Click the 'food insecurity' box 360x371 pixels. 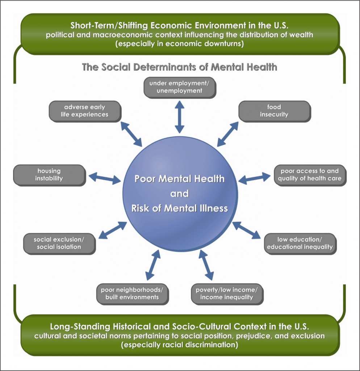click(x=274, y=111)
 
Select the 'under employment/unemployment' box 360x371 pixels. click(x=179, y=87)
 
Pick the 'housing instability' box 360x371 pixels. click(x=49, y=175)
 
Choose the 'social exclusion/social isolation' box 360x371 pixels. click(x=59, y=243)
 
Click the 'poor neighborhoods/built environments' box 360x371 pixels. click(x=132, y=293)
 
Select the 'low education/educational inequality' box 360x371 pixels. click(x=300, y=243)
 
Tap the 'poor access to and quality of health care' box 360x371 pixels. click(x=310, y=175)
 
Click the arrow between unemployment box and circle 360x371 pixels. click(x=179, y=117)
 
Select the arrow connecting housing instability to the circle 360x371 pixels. click(x=105, y=178)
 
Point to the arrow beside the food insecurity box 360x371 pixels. click(x=227, y=134)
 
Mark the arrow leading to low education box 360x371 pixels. click(x=246, y=230)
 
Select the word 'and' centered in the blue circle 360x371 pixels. click(x=180, y=193)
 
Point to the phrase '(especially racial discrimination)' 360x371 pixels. click(x=180, y=345)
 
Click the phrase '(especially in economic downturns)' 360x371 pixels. click(x=180, y=44)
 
